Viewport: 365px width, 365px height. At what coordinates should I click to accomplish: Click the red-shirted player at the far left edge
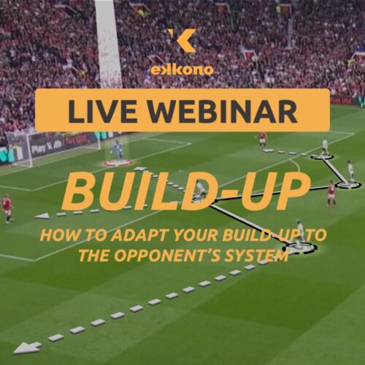point(7,207)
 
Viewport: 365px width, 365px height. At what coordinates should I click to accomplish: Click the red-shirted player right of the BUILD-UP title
point(331,193)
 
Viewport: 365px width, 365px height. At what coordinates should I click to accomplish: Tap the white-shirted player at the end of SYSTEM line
point(299,232)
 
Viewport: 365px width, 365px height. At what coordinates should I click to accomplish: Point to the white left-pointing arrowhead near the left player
point(42,216)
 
